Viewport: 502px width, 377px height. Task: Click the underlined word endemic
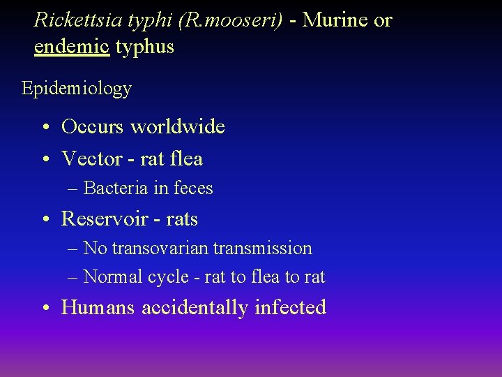[x=72, y=47]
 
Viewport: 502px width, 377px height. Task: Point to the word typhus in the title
[x=145, y=47]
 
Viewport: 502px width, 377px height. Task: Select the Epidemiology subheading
[x=76, y=89]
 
